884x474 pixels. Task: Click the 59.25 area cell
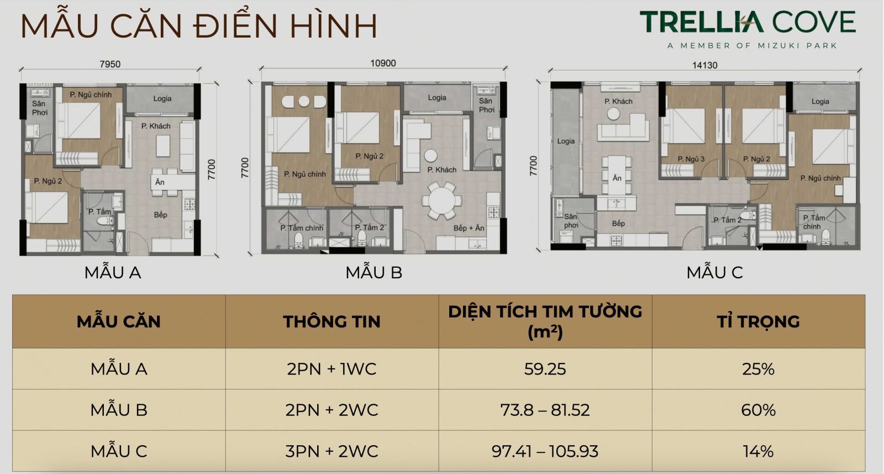pos(545,369)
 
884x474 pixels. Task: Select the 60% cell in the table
pos(758,410)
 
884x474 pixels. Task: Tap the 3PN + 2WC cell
pos(331,451)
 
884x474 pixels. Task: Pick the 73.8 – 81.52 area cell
pos(545,410)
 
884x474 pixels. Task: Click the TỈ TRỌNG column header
pos(758,321)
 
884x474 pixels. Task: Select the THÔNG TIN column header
pos(331,321)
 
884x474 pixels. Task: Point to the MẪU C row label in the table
pos(119,451)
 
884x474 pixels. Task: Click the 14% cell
pos(758,451)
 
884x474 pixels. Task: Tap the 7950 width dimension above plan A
pos(110,64)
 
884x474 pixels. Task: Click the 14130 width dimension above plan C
pos(704,65)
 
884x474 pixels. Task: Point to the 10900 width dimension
pos(383,63)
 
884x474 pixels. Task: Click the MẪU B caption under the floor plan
pos(373,272)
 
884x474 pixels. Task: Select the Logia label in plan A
pos(162,98)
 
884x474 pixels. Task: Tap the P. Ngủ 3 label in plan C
pos(691,159)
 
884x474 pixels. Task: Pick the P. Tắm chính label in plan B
pos(302,228)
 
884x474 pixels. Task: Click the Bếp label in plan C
pos(618,223)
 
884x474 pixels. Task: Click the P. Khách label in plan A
pos(156,126)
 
